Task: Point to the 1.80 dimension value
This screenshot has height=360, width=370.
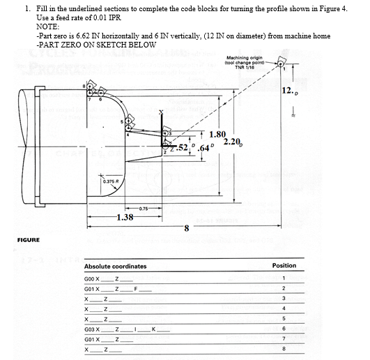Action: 217,134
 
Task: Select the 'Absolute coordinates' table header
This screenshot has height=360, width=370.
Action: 115,266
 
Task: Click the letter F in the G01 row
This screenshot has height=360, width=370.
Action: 137,287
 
